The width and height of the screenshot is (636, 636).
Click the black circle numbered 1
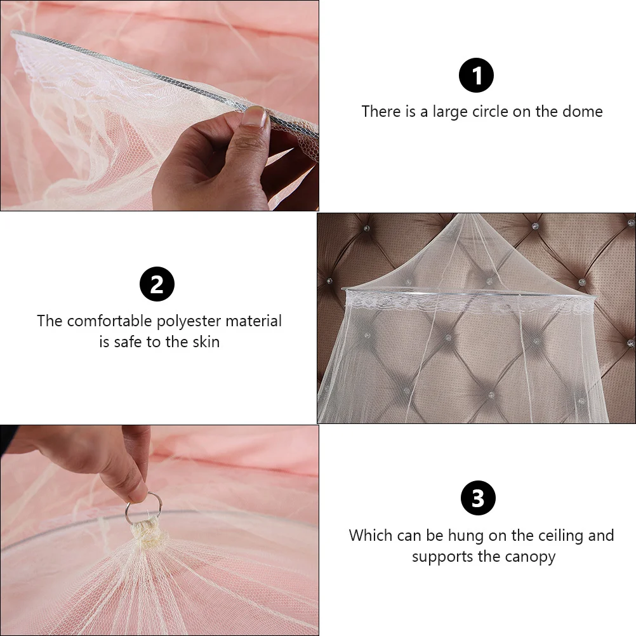pos(476,76)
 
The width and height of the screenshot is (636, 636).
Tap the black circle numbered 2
pos(157,284)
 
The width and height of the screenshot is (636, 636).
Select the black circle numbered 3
pos(477,499)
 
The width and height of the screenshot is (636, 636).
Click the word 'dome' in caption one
pos(582,112)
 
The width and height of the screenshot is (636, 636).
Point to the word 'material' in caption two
pos(253,321)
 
